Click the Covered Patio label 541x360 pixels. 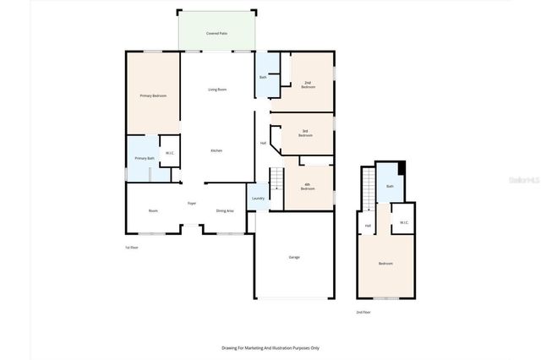click(216, 33)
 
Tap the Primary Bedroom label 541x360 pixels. click(153, 95)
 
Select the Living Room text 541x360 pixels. click(217, 89)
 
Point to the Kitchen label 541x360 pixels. click(216, 150)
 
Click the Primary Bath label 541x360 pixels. click(144, 158)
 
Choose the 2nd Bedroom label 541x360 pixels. click(309, 85)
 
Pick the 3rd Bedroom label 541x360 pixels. click(305, 133)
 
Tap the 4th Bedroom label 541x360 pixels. click(308, 186)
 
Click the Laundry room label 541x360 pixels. click(258, 199)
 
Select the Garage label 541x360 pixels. click(294, 257)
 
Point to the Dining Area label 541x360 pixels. click(225, 210)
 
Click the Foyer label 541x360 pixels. click(192, 204)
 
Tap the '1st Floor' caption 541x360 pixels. click(132, 247)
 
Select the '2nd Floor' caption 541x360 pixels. click(363, 312)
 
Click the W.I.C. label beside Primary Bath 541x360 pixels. click(169, 153)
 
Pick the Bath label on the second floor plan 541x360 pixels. click(390, 187)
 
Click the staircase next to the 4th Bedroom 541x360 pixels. click(276, 180)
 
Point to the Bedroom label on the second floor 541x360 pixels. click(385, 264)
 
